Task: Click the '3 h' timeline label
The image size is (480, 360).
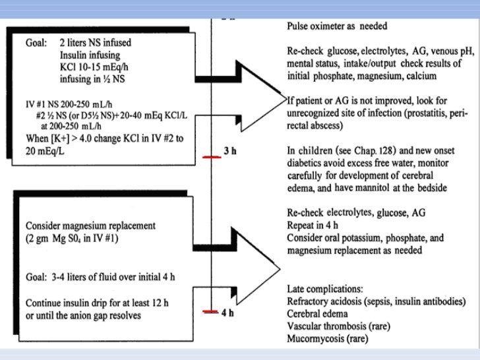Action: pyautogui.click(x=230, y=151)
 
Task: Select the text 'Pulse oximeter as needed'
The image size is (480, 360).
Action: pyautogui.click(x=337, y=26)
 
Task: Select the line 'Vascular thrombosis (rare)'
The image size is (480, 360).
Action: pyautogui.click(x=336, y=327)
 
